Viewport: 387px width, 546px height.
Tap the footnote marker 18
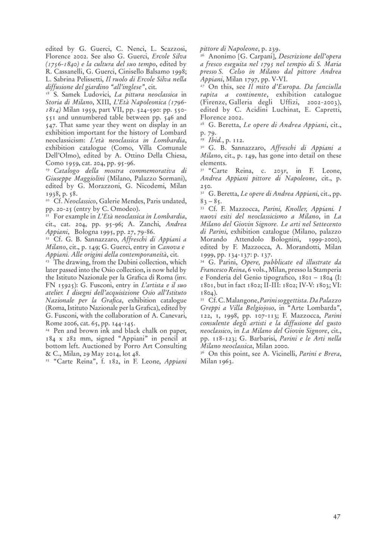point(48,93)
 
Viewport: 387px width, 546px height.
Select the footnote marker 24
point(48,330)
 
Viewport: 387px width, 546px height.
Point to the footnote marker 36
point(203,353)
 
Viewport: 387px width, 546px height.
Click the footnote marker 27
point(203,86)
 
